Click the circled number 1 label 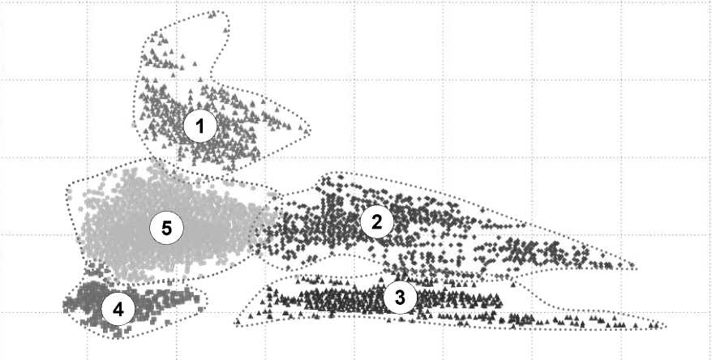(x=200, y=126)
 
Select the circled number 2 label (x=376, y=222)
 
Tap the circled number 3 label (x=400, y=298)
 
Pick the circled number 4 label (x=118, y=310)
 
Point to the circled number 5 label (x=167, y=229)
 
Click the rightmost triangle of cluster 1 (x=307, y=131)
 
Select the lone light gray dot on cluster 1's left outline (x=134, y=123)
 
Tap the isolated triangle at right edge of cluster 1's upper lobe (x=225, y=31)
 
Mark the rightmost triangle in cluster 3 (x=657, y=325)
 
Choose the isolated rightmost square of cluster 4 (x=200, y=309)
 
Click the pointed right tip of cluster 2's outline (x=636, y=268)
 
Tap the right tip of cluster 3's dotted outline (x=666, y=327)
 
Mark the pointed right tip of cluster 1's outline (x=311, y=130)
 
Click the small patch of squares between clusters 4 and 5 (x=96, y=271)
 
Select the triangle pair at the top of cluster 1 (x=212, y=15)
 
